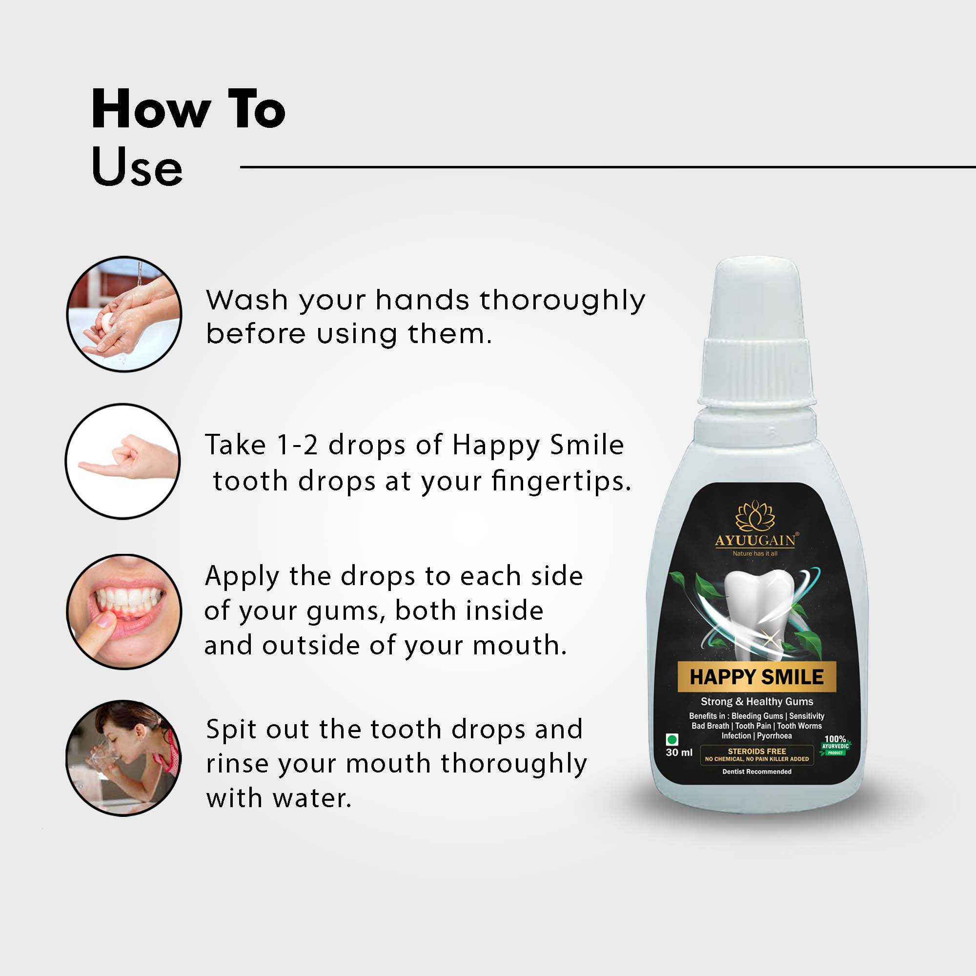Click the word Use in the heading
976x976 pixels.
click(137, 167)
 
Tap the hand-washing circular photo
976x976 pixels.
click(124, 314)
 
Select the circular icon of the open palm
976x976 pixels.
click(123, 461)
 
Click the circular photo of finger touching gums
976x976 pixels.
click(124, 611)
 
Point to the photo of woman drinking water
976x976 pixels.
click(123, 758)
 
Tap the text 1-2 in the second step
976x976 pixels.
click(297, 446)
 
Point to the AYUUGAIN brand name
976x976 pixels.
click(755, 541)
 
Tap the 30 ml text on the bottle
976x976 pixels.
click(679, 752)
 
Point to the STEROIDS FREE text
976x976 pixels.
click(756, 751)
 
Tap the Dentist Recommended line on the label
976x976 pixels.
click(756, 772)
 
